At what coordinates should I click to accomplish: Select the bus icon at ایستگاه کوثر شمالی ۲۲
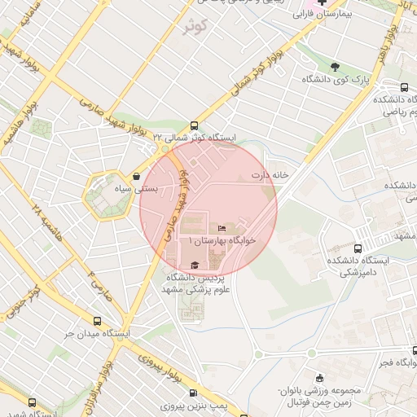[x=194, y=125]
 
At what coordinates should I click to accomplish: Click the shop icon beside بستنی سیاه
[x=135, y=175]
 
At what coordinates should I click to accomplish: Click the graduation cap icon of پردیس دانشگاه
[x=195, y=266]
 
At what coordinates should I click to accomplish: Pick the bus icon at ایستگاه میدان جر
[x=98, y=321]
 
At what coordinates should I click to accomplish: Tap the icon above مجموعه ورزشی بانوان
[x=318, y=378]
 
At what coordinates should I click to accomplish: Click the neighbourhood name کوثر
[x=196, y=27]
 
